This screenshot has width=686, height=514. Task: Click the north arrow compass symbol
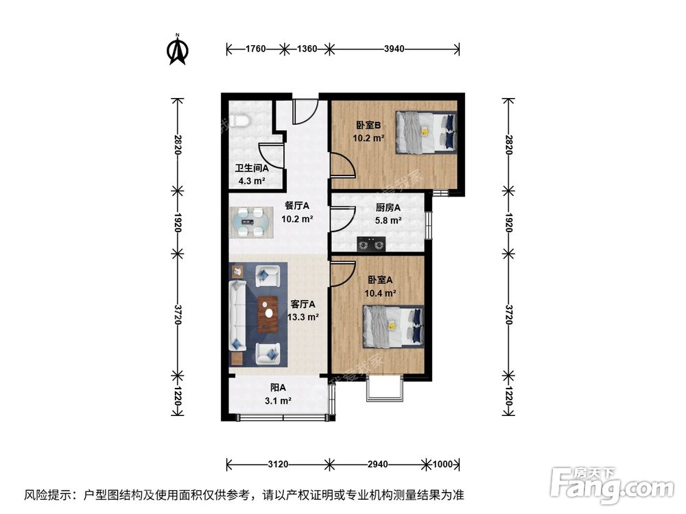178,50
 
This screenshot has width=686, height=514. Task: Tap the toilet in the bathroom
239,121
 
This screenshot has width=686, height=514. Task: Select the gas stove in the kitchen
371,243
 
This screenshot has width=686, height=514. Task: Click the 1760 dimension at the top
257,49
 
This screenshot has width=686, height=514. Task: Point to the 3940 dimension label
394,49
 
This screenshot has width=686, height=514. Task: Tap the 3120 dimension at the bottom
277,464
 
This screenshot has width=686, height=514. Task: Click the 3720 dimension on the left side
178,316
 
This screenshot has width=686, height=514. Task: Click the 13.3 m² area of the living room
303,317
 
